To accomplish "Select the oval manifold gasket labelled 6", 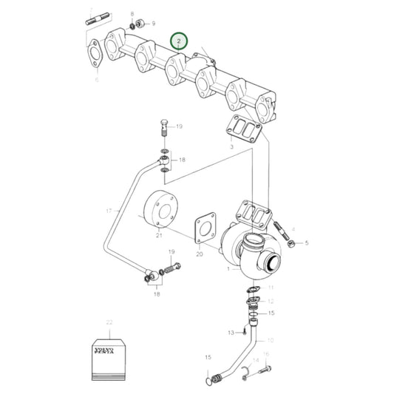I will point(95,54).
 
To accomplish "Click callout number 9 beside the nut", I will point(154,24).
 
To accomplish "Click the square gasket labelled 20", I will point(204,228).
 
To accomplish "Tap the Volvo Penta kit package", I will point(109,356).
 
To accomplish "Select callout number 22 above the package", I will point(109,322).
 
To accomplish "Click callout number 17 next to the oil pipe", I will point(108,211).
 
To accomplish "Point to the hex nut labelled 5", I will point(292,242).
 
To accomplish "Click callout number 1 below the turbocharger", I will point(228,269).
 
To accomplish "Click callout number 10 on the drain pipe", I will point(270,340).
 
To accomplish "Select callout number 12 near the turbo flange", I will point(271,301).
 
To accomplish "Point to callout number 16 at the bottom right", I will point(266,355).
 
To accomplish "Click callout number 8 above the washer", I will point(132,14).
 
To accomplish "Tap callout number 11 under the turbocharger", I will point(271,287).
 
